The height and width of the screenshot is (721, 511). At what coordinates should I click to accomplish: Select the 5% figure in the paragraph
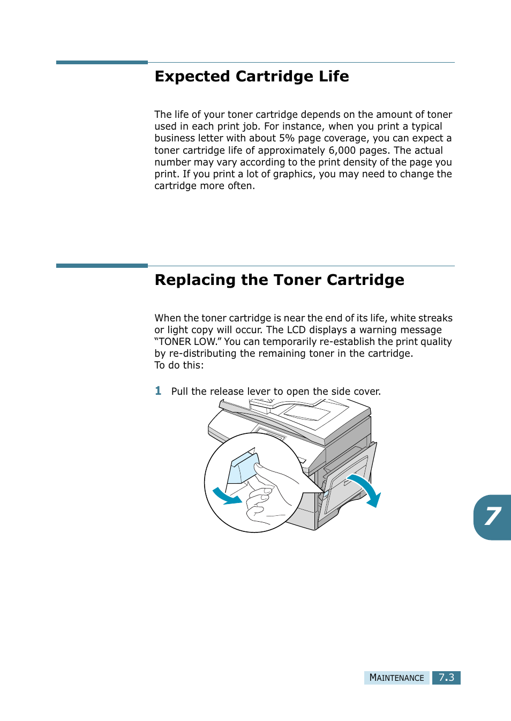pyautogui.click(x=287, y=138)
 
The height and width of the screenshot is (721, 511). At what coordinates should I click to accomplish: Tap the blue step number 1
pyautogui.click(x=158, y=391)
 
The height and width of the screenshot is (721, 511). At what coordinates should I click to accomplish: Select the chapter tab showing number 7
pyautogui.click(x=493, y=517)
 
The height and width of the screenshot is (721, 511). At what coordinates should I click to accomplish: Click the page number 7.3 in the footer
pyautogui.click(x=446, y=678)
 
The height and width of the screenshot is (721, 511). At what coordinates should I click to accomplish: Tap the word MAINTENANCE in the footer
pyautogui.click(x=396, y=678)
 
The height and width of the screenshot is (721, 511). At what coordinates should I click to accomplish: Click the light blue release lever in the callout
pyautogui.click(x=244, y=468)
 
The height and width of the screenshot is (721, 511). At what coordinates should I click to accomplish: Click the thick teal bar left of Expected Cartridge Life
pyautogui.click(x=102, y=63)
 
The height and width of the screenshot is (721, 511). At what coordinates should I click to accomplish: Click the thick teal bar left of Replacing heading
pyautogui.click(x=102, y=266)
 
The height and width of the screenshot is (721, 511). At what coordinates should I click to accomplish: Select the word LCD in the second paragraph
pyautogui.click(x=296, y=330)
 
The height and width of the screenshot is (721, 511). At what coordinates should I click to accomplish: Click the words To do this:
pyautogui.click(x=179, y=365)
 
